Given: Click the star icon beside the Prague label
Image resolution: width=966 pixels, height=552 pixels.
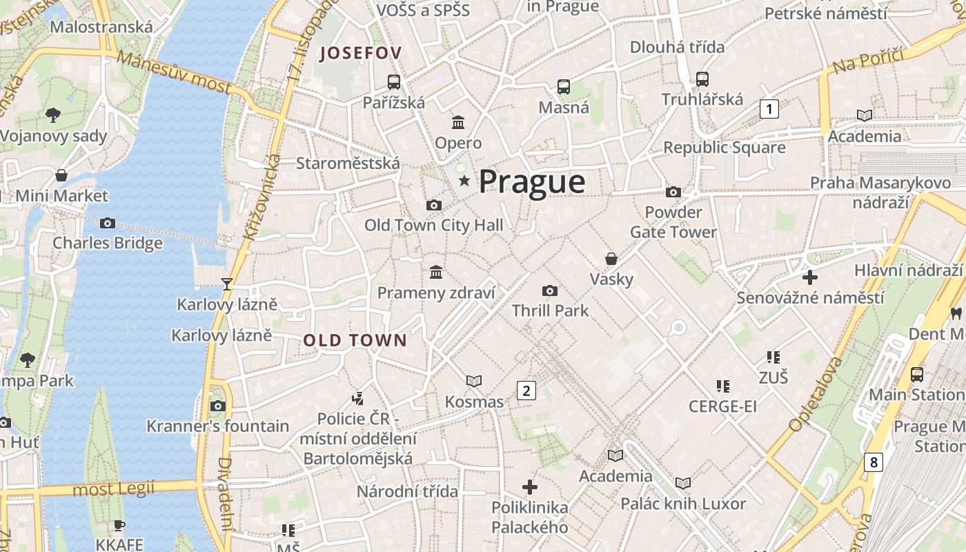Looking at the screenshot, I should coord(464,181).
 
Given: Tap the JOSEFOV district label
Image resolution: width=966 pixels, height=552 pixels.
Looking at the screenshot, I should coord(360,53).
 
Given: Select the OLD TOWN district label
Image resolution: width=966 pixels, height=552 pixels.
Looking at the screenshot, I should coord(355,340).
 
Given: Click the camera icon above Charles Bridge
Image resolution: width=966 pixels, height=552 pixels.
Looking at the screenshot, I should coord(107,223).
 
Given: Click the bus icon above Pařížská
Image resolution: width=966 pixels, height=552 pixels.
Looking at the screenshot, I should coord(394,82).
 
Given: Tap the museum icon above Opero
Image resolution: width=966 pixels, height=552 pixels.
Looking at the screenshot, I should coord(457,123).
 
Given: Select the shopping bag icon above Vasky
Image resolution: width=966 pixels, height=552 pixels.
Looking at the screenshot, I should coord(611,259).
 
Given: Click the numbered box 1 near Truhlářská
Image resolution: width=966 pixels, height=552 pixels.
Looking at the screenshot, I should coord(769,108).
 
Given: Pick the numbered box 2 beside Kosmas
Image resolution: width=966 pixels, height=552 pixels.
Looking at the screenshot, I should coord(526,391).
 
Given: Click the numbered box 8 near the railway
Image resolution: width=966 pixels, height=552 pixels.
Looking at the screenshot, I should coord(874,462).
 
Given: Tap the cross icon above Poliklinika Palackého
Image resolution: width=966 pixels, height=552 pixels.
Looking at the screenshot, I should coord(530,487).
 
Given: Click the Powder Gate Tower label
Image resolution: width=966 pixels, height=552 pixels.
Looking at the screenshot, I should coord(673,222).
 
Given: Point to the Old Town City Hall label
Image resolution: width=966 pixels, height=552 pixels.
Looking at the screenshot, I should coord(433,225).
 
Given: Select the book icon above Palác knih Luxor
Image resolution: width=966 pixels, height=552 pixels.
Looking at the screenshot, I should coord(683,483).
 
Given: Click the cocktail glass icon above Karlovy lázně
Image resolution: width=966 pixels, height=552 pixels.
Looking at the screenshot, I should coord(226,284).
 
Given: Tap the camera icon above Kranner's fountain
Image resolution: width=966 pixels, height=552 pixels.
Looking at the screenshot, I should coord(218,406).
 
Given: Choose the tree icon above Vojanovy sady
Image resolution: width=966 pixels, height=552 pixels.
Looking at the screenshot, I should coord(53,115).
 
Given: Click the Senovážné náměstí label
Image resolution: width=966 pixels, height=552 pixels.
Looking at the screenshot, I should coord(810,298).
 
